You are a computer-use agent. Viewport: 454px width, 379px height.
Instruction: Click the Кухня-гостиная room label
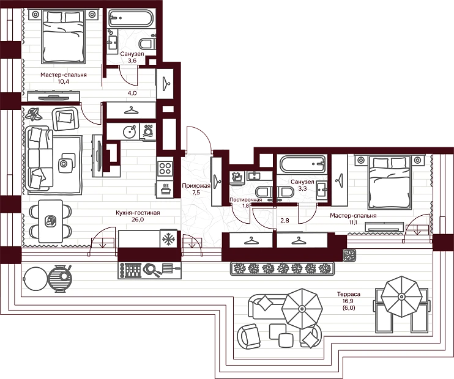138,213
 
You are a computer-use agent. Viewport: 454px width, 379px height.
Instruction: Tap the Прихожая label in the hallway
196,186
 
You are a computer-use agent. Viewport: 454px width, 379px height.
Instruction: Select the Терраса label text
349,294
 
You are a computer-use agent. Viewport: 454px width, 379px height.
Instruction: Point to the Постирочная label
245,200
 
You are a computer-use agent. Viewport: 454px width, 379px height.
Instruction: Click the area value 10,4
64,81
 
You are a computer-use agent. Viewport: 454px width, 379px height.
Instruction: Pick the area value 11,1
353,222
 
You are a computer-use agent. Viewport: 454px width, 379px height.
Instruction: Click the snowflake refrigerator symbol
168,238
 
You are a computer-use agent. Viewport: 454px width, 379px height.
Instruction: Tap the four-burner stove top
165,168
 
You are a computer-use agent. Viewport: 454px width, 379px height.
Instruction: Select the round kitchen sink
130,131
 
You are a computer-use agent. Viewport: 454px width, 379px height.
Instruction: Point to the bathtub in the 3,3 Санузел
302,164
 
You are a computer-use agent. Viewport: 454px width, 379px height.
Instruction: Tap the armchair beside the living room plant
65,119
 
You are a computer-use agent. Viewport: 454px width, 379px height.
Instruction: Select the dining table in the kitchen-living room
50,221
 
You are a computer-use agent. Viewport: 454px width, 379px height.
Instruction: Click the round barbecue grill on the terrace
59,278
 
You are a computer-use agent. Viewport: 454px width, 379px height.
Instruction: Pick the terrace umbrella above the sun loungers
401,296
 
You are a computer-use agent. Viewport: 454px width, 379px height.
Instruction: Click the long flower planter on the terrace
282,268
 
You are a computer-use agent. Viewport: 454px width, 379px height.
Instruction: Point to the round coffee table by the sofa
64,164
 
